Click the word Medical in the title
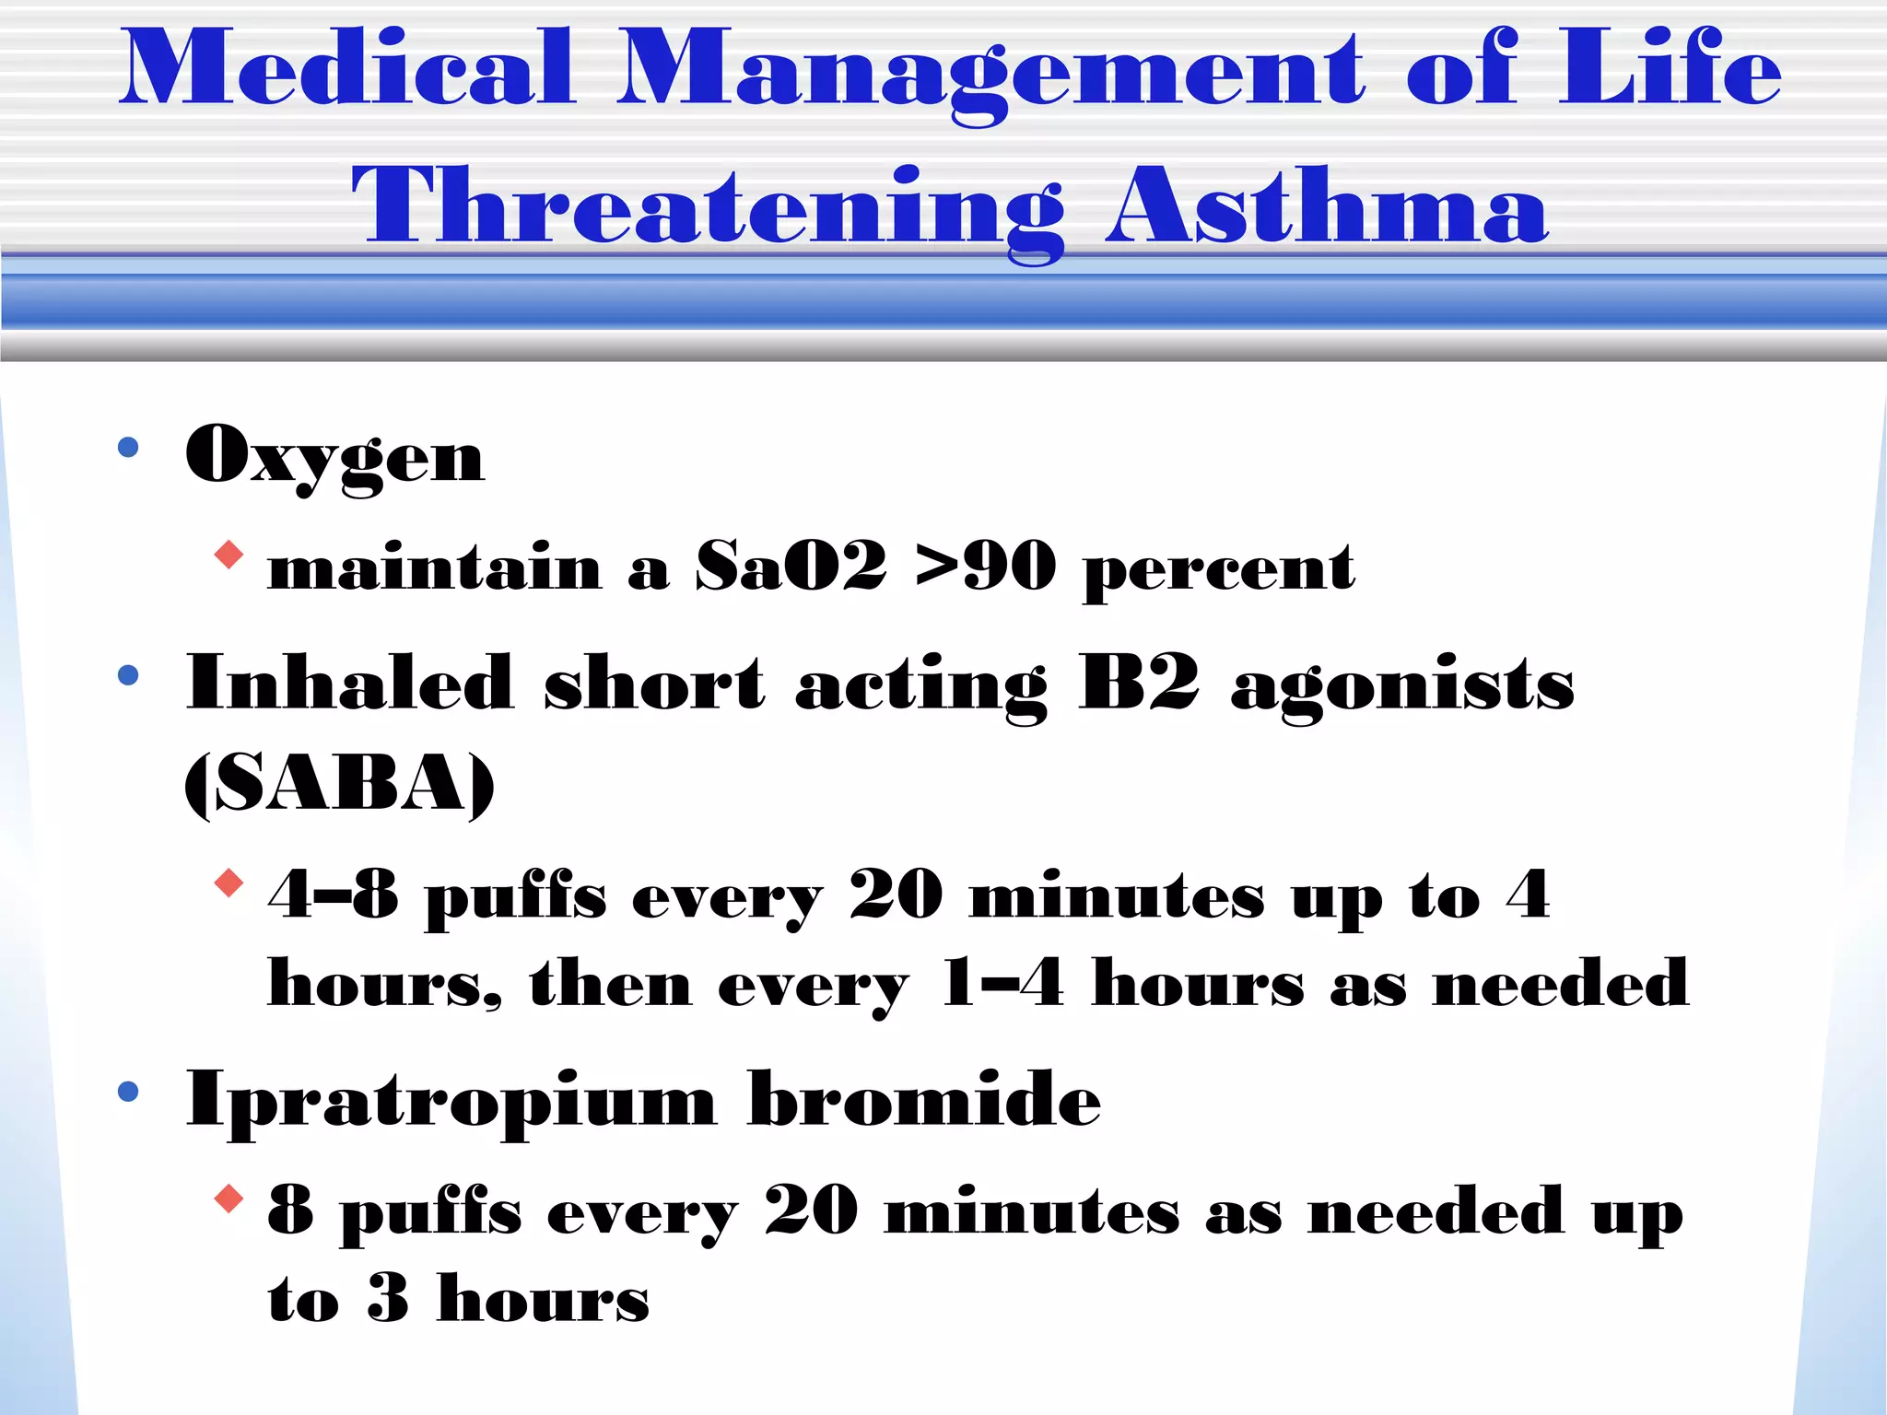[x=348, y=68]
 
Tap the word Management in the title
[x=990, y=74]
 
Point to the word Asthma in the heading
[x=1327, y=206]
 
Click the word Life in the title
[x=1670, y=68]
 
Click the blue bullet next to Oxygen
[x=128, y=448]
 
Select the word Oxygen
[x=334, y=457]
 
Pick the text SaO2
[x=791, y=566]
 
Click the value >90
[x=986, y=566]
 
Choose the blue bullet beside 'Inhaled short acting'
[x=128, y=675]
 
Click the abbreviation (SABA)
[x=339, y=784]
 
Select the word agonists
[x=1402, y=687]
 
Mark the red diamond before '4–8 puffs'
[x=229, y=883]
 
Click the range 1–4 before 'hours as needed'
[x=1002, y=983]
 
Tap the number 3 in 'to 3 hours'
[x=387, y=1298]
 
